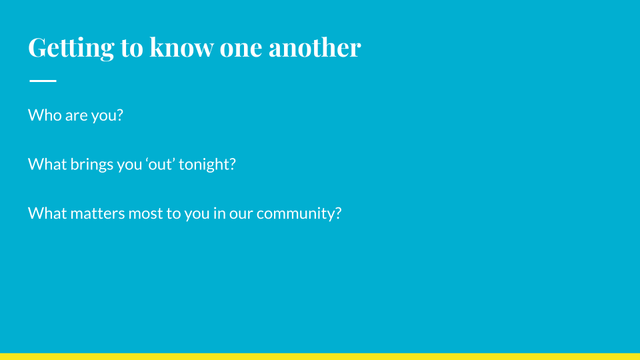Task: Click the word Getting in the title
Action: pos(71,48)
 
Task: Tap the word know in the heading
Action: pos(181,47)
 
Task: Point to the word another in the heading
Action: pos(315,47)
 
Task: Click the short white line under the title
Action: pos(43,81)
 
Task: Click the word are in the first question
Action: pos(76,117)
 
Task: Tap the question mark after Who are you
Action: pos(119,115)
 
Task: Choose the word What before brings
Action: pos(47,164)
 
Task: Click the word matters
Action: pos(97,213)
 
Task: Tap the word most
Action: pos(146,214)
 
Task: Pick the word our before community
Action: pos(241,215)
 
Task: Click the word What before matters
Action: pos(47,213)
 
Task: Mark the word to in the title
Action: pos(132,48)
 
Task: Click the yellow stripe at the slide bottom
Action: pos(320,357)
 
